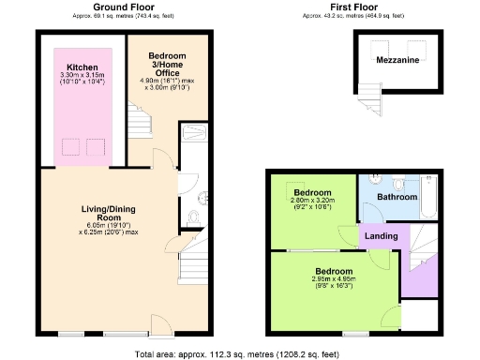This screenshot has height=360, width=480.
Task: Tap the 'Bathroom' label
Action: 397,198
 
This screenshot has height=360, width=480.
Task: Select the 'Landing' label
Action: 380,235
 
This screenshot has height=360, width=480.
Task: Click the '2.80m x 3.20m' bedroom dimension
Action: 311,201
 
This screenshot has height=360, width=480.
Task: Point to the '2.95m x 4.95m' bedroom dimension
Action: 334,278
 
